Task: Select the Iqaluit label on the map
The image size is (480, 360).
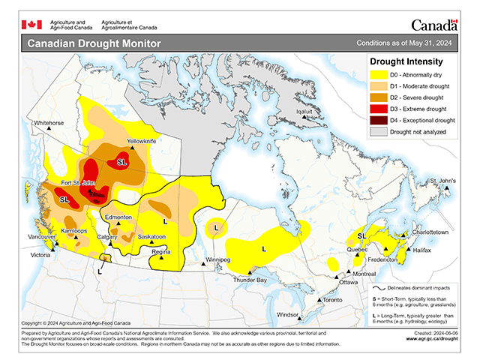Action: point(304,112)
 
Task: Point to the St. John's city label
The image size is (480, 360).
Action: point(442,181)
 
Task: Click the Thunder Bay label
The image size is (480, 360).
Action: point(250,280)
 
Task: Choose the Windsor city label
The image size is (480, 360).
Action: point(288,315)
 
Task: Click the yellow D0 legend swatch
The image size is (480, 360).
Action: point(377,75)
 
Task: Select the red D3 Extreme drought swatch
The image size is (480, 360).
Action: point(377,109)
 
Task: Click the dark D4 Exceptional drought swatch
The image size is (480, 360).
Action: point(377,120)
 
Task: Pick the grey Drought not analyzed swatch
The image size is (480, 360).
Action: point(377,131)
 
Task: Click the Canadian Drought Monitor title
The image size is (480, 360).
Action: point(94,43)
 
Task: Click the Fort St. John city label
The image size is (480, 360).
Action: point(78,183)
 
